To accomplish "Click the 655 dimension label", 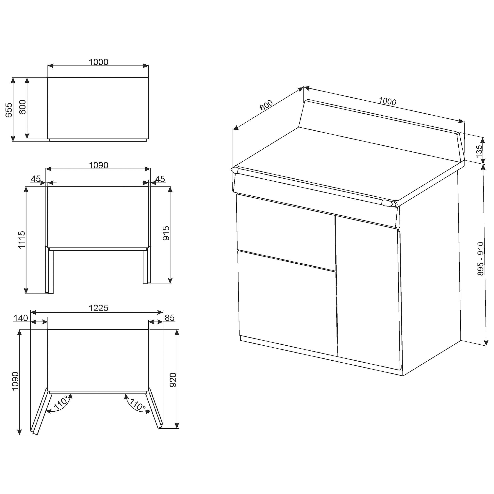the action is [x=9, y=110].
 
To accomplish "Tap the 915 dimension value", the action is [x=166, y=233].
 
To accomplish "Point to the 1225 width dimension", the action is [x=99, y=308].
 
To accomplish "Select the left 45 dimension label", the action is [x=36, y=179].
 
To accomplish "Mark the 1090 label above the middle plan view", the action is [x=99, y=165].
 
